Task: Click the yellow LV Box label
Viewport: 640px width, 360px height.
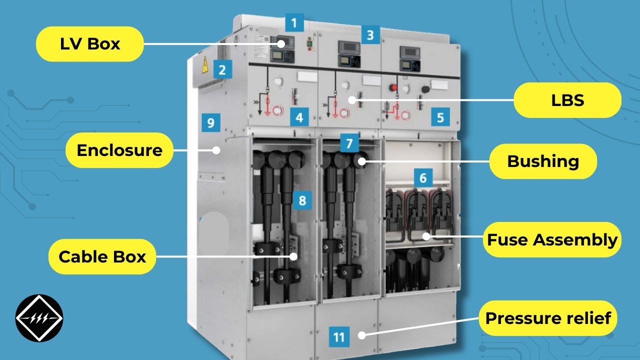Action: (x=90, y=44)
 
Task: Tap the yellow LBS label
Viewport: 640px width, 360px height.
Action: (x=567, y=100)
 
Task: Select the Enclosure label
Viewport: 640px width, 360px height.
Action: (x=119, y=150)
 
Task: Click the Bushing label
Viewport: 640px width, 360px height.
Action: (x=543, y=161)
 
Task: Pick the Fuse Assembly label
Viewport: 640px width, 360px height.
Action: (x=552, y=239)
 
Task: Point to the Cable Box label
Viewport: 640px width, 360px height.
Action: (x=102, y=256)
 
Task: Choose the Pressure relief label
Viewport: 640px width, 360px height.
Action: (x=548, y=318)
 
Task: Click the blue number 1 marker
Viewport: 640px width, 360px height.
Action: (x=294, y=23)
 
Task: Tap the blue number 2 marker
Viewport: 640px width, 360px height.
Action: (x=222, y=69)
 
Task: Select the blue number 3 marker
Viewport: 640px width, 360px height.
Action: (x=370, y=35)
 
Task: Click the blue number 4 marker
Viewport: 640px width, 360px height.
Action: (x=299, y=117)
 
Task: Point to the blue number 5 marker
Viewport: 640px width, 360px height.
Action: (x=440, y=117)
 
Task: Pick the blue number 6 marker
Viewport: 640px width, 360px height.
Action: (x=423, y=177)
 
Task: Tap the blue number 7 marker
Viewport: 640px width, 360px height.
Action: (x=349, y=143)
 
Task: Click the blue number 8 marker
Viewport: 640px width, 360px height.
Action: (x=302, y=200)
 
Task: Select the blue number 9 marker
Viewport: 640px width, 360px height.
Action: (x=210, y=122)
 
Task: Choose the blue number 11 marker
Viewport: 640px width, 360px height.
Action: (x=339, y=337)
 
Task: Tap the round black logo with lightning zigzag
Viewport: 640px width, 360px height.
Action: (x=39, y=318)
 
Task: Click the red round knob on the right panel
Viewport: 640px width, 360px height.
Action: (x=393, y=88)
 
